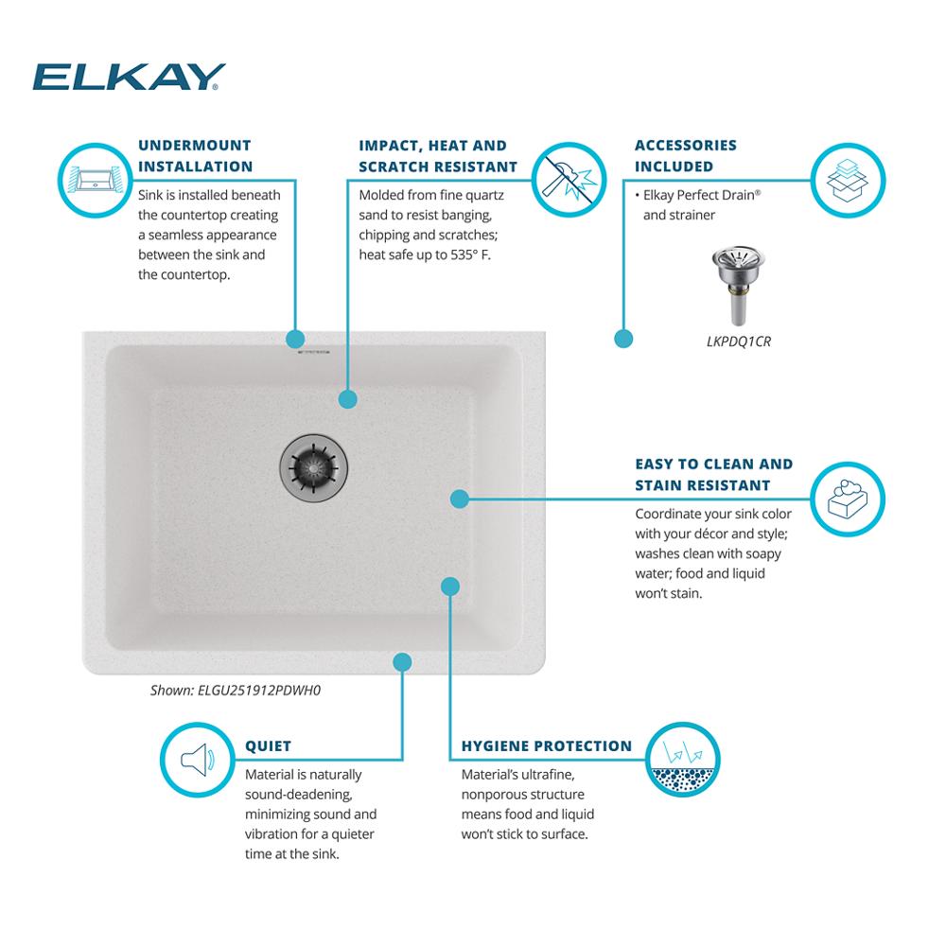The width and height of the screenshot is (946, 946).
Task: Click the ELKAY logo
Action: coord(129,77)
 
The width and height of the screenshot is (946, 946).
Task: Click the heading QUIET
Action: coord(268,746)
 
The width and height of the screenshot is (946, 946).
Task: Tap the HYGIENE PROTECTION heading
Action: coord(546,746)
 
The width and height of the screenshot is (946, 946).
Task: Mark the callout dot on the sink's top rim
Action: coord(294,339)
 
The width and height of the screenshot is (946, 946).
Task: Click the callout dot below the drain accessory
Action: coord(623,337)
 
